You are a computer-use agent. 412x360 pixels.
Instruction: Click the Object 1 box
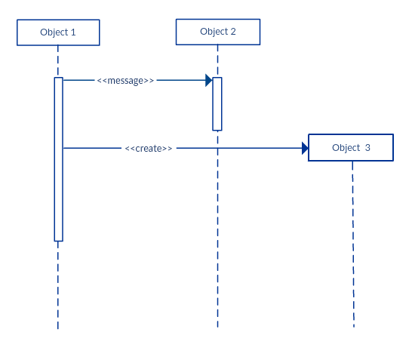pyautogui.click(x=58, y=32)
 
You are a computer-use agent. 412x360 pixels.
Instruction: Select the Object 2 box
pyautogui.click(x=217, y=32)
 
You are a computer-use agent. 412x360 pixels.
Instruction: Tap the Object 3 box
pyautogui.click(x=350, y=148)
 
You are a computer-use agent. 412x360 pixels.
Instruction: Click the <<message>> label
pyautogui.click(x=125, y=81)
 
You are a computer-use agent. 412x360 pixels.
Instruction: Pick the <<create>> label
pyautogui.click(x=149, y=149)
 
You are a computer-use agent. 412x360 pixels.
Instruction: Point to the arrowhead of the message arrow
pyautogui.click(x=208, y=80)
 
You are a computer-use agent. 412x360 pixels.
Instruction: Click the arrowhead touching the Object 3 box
pyautogui.click(x=305, y=148)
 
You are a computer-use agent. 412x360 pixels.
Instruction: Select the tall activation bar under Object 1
pyautogui.click(x=58, y=159)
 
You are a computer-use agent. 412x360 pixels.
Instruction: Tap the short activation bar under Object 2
pyautogui.click(x=217, y=103)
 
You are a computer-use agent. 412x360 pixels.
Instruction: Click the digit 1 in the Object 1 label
pyautogui.click(x=73, y=32)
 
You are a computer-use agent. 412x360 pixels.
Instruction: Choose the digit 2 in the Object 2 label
pyautogui.click(x=233, y=32)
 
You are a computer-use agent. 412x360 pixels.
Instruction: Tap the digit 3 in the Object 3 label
pyautogui.click(x=367, y=148)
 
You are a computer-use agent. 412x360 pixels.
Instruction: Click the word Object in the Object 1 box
pyautogui.click(x=54, y=32)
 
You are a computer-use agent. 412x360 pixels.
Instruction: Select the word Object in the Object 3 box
pyautogui.click(x=346, y=148)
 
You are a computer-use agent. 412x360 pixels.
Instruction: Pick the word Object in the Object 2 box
pyautogui.click(x=214, y=32)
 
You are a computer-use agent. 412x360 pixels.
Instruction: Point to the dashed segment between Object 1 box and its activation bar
pyautogui.click(x=57, y=62)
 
